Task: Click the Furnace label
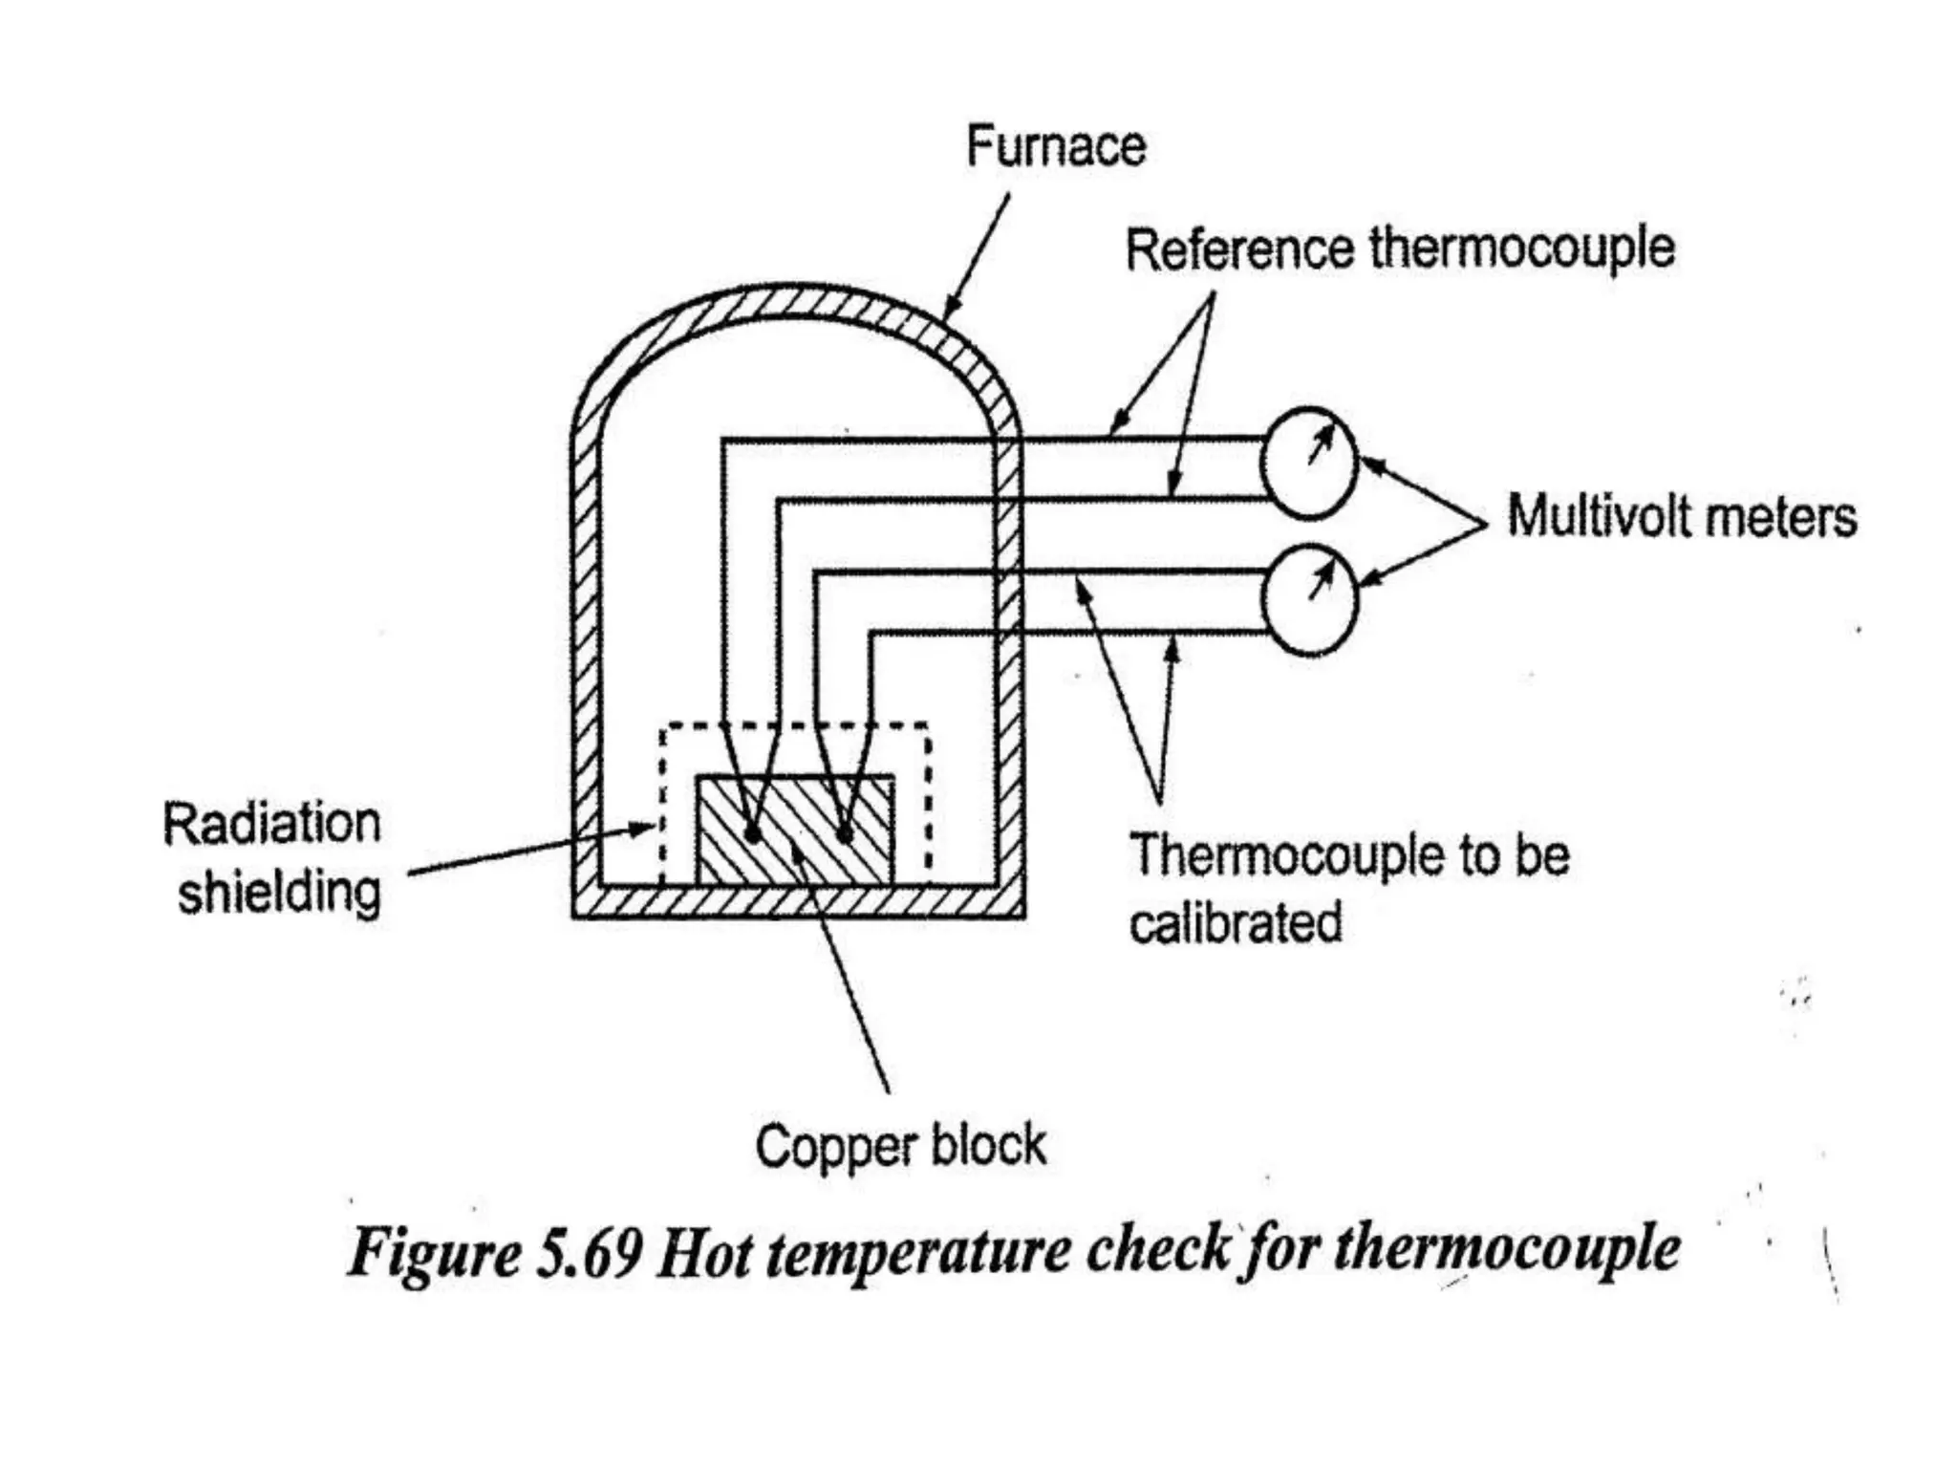point(1055,146)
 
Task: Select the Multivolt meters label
point(1682,516)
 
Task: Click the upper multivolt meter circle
point(1308,464)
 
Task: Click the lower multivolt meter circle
point(1309,599)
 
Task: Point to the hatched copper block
point(795,830)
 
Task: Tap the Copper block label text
point(900,1145)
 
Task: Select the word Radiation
point(271,823)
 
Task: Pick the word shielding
point(279,893)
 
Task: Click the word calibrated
point(1236,923)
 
